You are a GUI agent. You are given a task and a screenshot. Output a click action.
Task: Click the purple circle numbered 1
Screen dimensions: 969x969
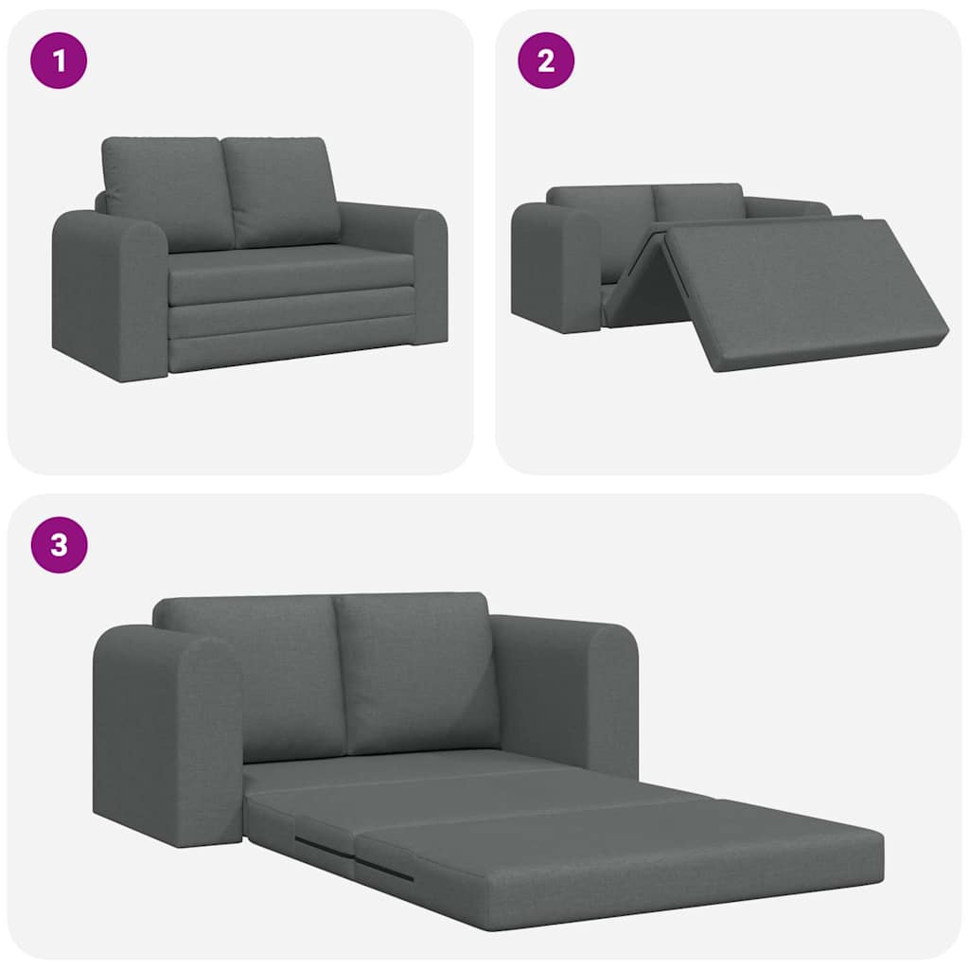coord(59,61)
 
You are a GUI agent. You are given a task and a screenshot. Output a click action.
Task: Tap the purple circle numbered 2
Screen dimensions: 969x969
coord(546,61)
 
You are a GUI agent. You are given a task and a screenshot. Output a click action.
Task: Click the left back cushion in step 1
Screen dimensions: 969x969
coord(167,192)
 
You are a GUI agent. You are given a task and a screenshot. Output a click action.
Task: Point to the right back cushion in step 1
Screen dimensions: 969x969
coord(282,189)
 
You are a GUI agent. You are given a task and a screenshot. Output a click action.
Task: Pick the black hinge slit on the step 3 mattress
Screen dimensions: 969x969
coord(383,869)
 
